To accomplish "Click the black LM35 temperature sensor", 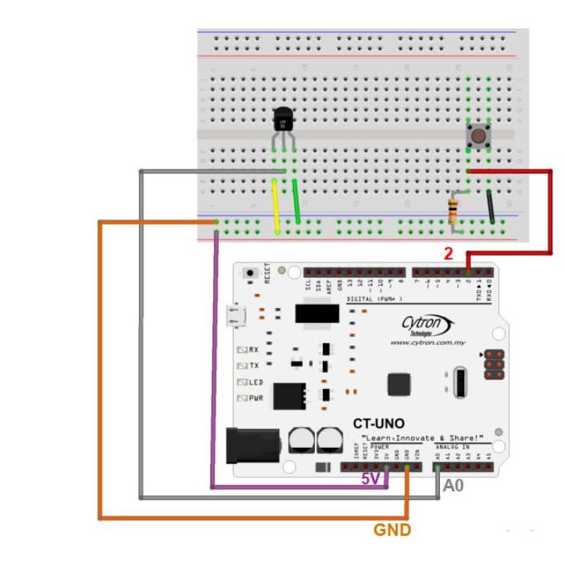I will (282, 121).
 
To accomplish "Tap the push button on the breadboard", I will (479, 136).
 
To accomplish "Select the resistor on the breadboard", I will (453, 210).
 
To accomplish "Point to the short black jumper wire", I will (489, 206).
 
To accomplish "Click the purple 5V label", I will (371, 479).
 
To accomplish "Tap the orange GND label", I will (392, 530).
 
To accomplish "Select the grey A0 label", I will (453, 486).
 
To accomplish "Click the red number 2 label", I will (448, 254).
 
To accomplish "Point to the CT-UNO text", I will (379, 424).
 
